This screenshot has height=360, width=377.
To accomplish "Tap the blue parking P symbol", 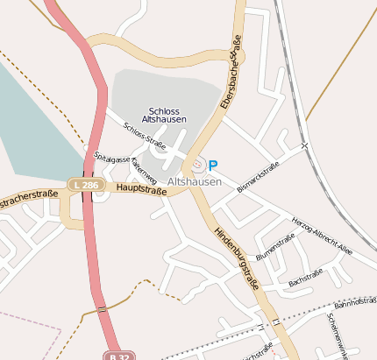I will click(213, 164).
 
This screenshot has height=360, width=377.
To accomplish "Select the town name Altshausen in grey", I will click(194, 181).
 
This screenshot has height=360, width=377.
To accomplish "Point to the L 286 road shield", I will click(88, 185).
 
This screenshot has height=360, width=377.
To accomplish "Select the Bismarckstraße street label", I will click(258, 177).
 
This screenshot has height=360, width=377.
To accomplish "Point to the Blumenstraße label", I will click(274, 247).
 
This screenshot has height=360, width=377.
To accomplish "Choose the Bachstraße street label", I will click(305, 278).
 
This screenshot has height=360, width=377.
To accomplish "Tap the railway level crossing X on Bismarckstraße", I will click(303, 145).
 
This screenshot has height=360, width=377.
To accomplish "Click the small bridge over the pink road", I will click(103, 308).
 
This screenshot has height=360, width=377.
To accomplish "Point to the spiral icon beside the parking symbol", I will click(198, 164).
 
